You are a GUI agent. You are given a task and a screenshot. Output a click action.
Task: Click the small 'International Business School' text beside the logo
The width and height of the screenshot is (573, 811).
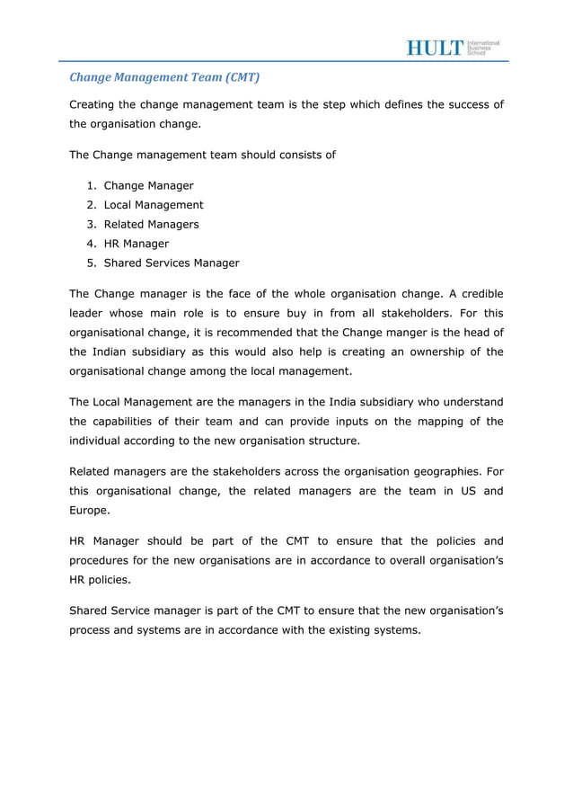click(483, 48)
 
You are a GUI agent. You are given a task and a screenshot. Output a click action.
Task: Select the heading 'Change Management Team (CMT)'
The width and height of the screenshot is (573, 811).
click(164, 77)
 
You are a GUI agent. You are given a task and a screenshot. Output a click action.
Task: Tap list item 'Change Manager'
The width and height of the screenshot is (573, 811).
click(148, 185)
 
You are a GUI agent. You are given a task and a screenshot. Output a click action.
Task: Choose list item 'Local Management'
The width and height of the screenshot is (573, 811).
click(154, 205)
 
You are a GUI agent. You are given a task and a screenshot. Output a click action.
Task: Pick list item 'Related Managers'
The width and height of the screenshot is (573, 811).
click(151, 224)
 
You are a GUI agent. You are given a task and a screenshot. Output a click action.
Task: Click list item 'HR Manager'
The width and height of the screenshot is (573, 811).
click(136, 244)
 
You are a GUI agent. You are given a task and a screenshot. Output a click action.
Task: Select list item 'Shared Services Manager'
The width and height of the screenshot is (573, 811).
click(172, 263)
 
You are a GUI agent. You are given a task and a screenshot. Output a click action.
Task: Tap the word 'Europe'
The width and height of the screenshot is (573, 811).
click(89, 510)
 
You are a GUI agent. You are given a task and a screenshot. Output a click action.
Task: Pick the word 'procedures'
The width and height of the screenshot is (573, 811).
click(101, 560)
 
